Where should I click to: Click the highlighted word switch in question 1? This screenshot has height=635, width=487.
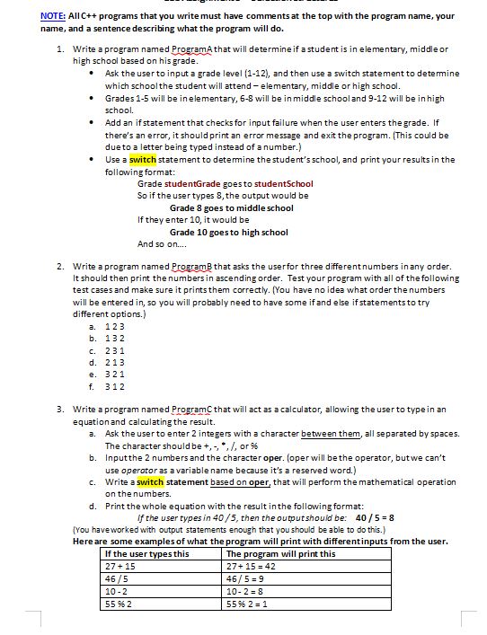[x=143, y=159]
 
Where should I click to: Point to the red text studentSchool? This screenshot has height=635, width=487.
[x=283, y=183]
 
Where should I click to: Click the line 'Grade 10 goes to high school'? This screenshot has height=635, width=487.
[x=229, y=232]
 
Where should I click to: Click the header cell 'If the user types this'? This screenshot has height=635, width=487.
[x=147, y=553]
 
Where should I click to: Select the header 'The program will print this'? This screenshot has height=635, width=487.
[x=281, y=553]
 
